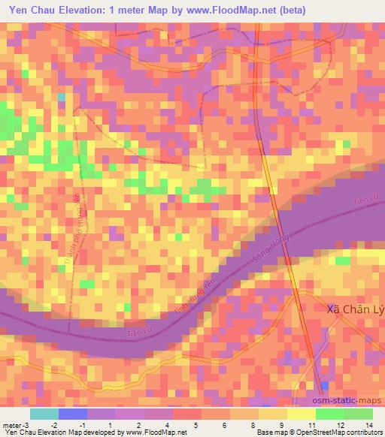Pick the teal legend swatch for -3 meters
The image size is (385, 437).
(x=44, y=414)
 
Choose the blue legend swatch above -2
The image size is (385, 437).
(x=73, y=414)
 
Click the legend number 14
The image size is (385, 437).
(x=368, y=425)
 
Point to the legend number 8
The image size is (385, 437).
(x=254, y=425)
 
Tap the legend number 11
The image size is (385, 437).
(x=311, y=425)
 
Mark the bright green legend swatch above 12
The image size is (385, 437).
(x=330, y=414)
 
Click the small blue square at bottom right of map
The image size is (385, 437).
(x=324, y=385)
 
